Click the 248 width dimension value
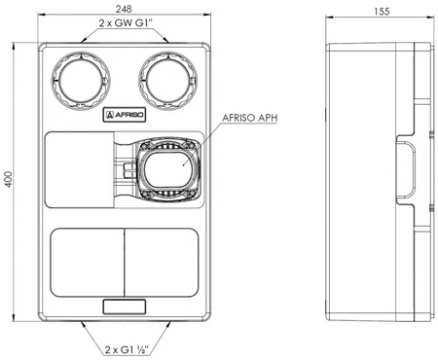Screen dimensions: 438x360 click(x=124, y=9)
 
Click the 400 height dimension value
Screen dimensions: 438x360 click(x=9, y=179)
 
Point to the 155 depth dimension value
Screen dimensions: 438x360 click(x=382, y=12)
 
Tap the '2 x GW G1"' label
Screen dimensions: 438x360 click(x=126, y=23)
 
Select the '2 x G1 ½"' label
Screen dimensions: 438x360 click(x=127, y=349)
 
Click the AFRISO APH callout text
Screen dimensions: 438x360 click(x=250, y=118)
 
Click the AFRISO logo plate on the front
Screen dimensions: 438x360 click(x=125, y=115)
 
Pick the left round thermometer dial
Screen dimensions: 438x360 click(x=81, y=80)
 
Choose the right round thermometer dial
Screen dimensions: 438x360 click(x=168, y=80)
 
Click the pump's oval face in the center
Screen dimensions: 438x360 click(x=168, y=169)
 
